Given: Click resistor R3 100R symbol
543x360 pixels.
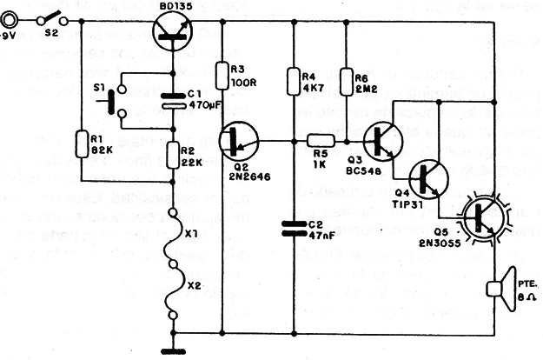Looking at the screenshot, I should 223,72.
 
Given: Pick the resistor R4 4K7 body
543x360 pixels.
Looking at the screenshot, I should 295,79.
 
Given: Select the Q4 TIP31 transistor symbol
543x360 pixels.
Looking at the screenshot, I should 429,178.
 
